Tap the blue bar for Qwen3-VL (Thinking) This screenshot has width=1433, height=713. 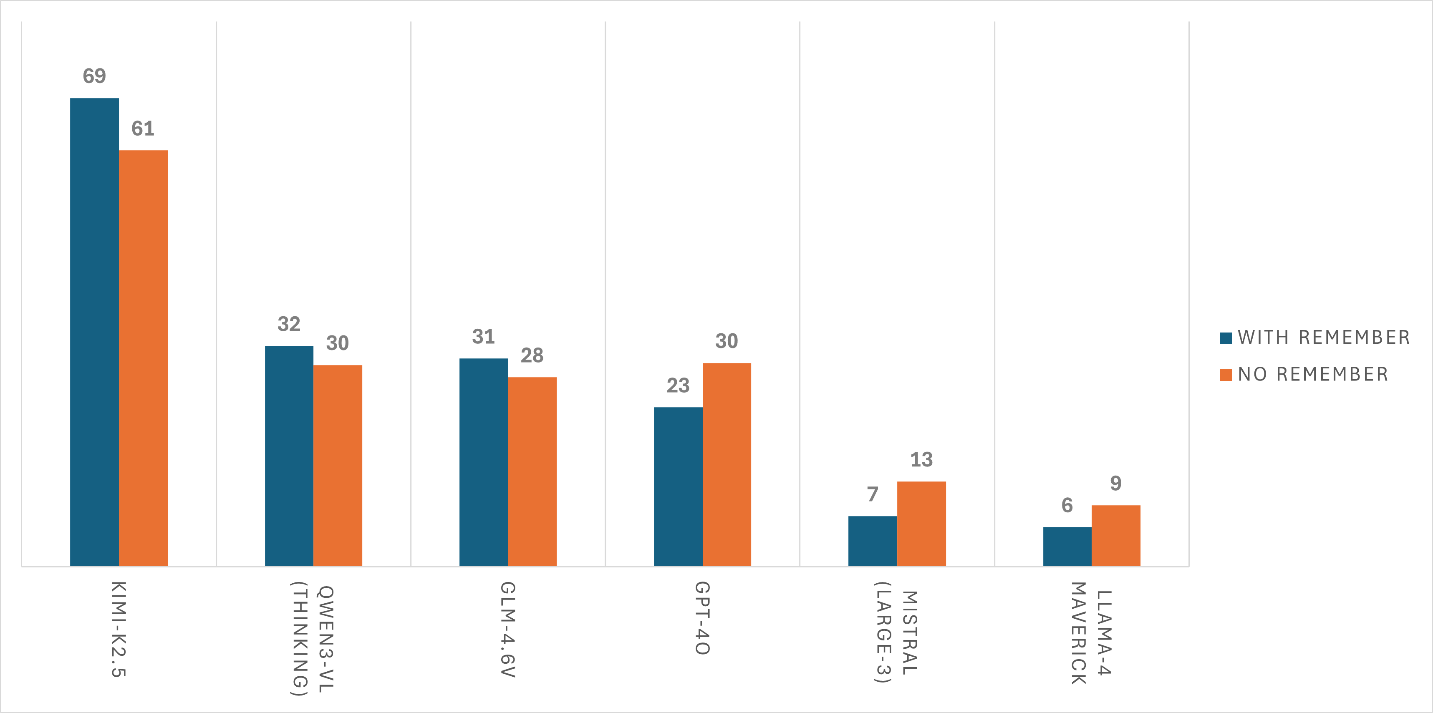[289, 456]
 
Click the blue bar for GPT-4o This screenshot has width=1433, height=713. [678, 486]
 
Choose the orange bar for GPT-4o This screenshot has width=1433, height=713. [727, 464]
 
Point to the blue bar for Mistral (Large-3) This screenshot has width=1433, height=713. [872, 541]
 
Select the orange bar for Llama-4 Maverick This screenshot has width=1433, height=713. [1115, 536]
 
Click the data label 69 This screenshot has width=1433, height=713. [94, 76]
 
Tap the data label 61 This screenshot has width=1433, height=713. [143, 128]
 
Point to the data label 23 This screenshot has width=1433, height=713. [678, 385]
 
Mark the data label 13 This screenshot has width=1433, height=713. [921, 459]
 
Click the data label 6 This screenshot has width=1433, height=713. [1067, 505]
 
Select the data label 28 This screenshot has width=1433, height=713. [532, 355]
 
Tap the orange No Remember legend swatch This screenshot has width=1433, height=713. [1226, 375]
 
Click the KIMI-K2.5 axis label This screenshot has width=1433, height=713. [119, 628]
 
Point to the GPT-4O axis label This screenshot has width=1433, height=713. [702, 618]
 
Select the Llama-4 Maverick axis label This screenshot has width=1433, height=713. [1091, 633]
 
